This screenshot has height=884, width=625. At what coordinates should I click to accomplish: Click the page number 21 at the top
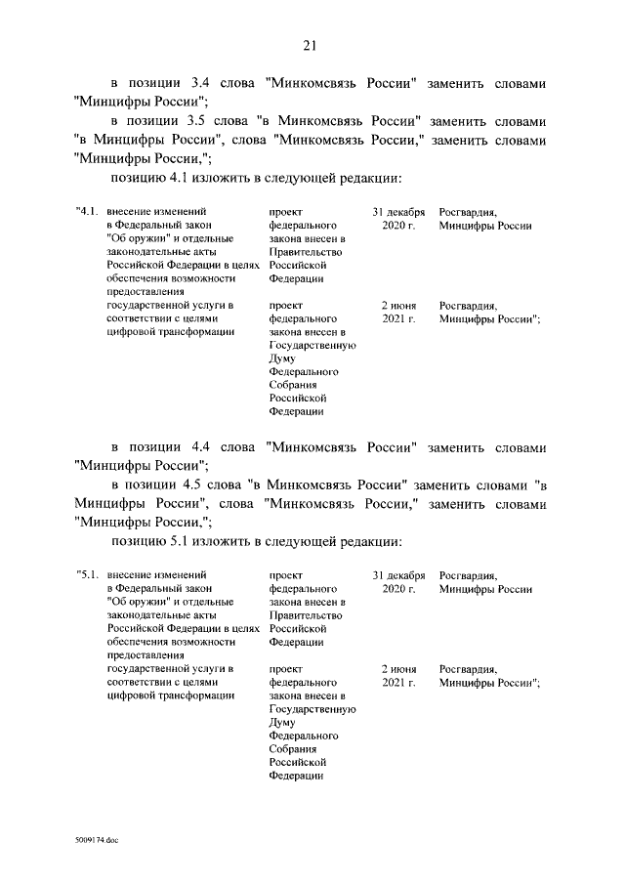click(x=312, y=45)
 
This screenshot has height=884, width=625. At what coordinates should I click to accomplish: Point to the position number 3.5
click(x=211, y=120)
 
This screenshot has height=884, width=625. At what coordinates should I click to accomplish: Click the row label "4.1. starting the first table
click(x=88, y=211)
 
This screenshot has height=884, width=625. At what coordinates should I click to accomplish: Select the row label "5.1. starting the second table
click(x=88, y=574)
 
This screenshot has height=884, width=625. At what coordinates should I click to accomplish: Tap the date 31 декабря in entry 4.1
click(x=398, y=211)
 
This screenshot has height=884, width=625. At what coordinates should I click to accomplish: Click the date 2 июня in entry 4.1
click(x=398, y=305)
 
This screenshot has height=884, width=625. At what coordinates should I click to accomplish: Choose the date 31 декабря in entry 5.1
click(x=398, y=574)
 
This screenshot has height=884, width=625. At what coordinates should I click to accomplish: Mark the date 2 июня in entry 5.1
click(x=398, y=668)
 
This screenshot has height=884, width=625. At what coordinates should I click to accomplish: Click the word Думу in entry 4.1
click(x=282, y=358)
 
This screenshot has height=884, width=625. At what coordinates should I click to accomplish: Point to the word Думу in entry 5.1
click(x=282, y=722)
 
